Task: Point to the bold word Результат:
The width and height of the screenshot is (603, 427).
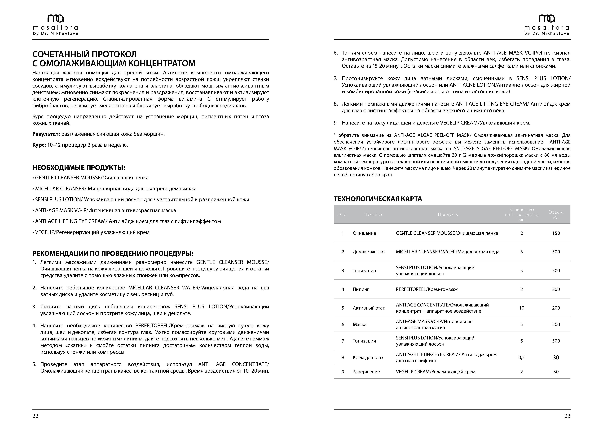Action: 46,134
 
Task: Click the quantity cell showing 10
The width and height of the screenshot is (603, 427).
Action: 521,308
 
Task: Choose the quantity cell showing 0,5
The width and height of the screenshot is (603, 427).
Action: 521,358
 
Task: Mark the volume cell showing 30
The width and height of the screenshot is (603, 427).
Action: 556,358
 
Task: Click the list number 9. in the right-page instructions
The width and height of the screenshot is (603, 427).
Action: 336,123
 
